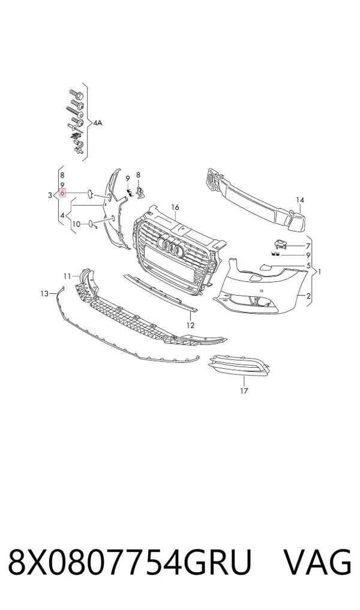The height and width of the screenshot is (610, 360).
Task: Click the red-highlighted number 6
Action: click(x=62, y=193)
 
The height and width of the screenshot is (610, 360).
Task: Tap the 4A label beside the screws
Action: click(x=97, y=123)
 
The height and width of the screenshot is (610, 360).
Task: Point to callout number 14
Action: click(x=299, y=200)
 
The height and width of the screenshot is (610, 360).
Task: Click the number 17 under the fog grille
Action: click(x=244, y=390)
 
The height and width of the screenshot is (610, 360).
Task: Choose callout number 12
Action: click(x=190, y=325)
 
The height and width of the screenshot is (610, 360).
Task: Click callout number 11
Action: click(x=67, y=277)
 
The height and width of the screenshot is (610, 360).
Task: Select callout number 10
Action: click(x=76, y=224)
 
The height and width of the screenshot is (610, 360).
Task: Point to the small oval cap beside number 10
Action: click(x=90, y=224)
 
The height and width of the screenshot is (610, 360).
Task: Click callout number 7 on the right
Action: click(x=308, y=246)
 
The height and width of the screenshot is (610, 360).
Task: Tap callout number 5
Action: click(x=308, y=266)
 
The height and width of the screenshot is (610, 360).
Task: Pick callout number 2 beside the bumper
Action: click(x=308, y=296)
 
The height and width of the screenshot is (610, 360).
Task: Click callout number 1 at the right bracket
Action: click(x=320, y=272)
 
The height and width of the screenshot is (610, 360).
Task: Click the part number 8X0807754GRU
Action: click(x=130, y=562)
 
